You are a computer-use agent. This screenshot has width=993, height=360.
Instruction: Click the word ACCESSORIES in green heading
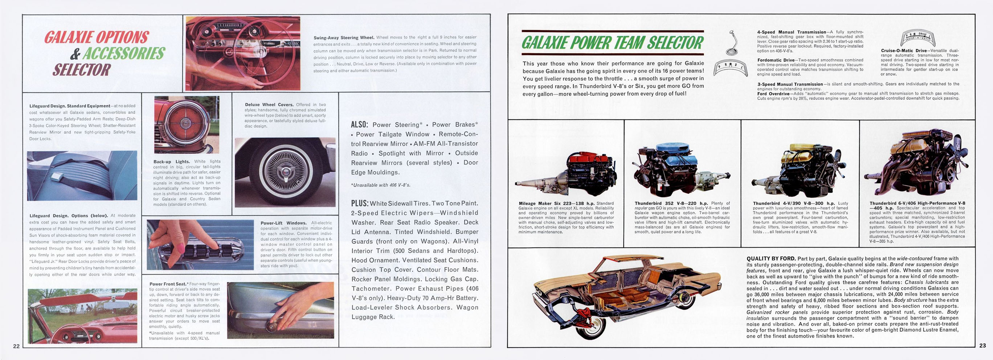(124, 54)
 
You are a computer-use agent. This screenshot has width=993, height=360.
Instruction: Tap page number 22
(16, 346)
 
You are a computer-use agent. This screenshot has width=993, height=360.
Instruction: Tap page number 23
(982, 346)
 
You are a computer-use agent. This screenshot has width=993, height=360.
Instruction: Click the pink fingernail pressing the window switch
(180, 249)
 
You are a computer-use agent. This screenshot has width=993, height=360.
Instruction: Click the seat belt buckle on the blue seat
(59, 177)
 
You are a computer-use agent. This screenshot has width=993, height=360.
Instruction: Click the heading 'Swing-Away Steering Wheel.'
(344, 38)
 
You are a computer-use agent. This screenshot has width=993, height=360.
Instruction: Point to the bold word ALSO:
(359, 124)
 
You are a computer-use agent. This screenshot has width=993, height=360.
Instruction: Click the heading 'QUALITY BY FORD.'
(771, 259)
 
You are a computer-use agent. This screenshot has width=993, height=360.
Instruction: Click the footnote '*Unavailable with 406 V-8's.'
(380, 185)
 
